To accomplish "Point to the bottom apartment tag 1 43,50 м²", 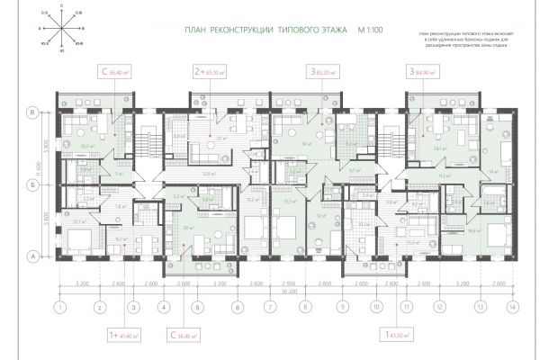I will click(399, 333).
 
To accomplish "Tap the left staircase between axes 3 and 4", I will click(149, 144).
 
